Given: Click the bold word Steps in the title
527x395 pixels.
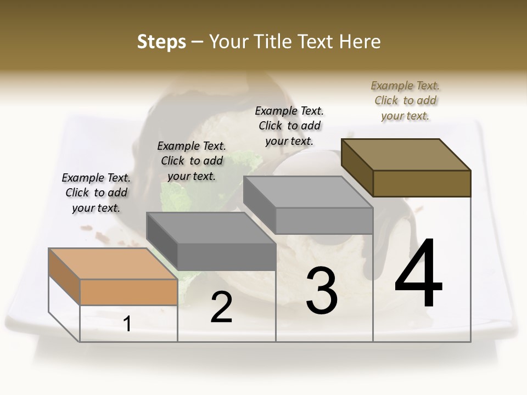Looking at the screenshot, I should click(161, 42).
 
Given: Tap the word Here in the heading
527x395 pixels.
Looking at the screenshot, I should click(361, 42).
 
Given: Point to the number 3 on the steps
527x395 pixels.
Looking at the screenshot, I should click(321, 290).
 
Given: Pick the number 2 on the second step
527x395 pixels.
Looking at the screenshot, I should click(221, 307).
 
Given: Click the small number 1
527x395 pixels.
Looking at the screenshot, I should click(127, 324).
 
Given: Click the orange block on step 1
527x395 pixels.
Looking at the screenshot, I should click(128, 292).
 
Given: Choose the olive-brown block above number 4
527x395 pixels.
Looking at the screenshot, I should click(422, 183).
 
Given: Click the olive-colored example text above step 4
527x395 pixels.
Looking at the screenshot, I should click(405, 100).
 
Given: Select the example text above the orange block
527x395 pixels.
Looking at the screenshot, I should click(96, 193).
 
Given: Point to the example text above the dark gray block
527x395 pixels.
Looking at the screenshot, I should click(192, 161).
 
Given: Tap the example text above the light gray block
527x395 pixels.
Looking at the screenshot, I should click(289, 126).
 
